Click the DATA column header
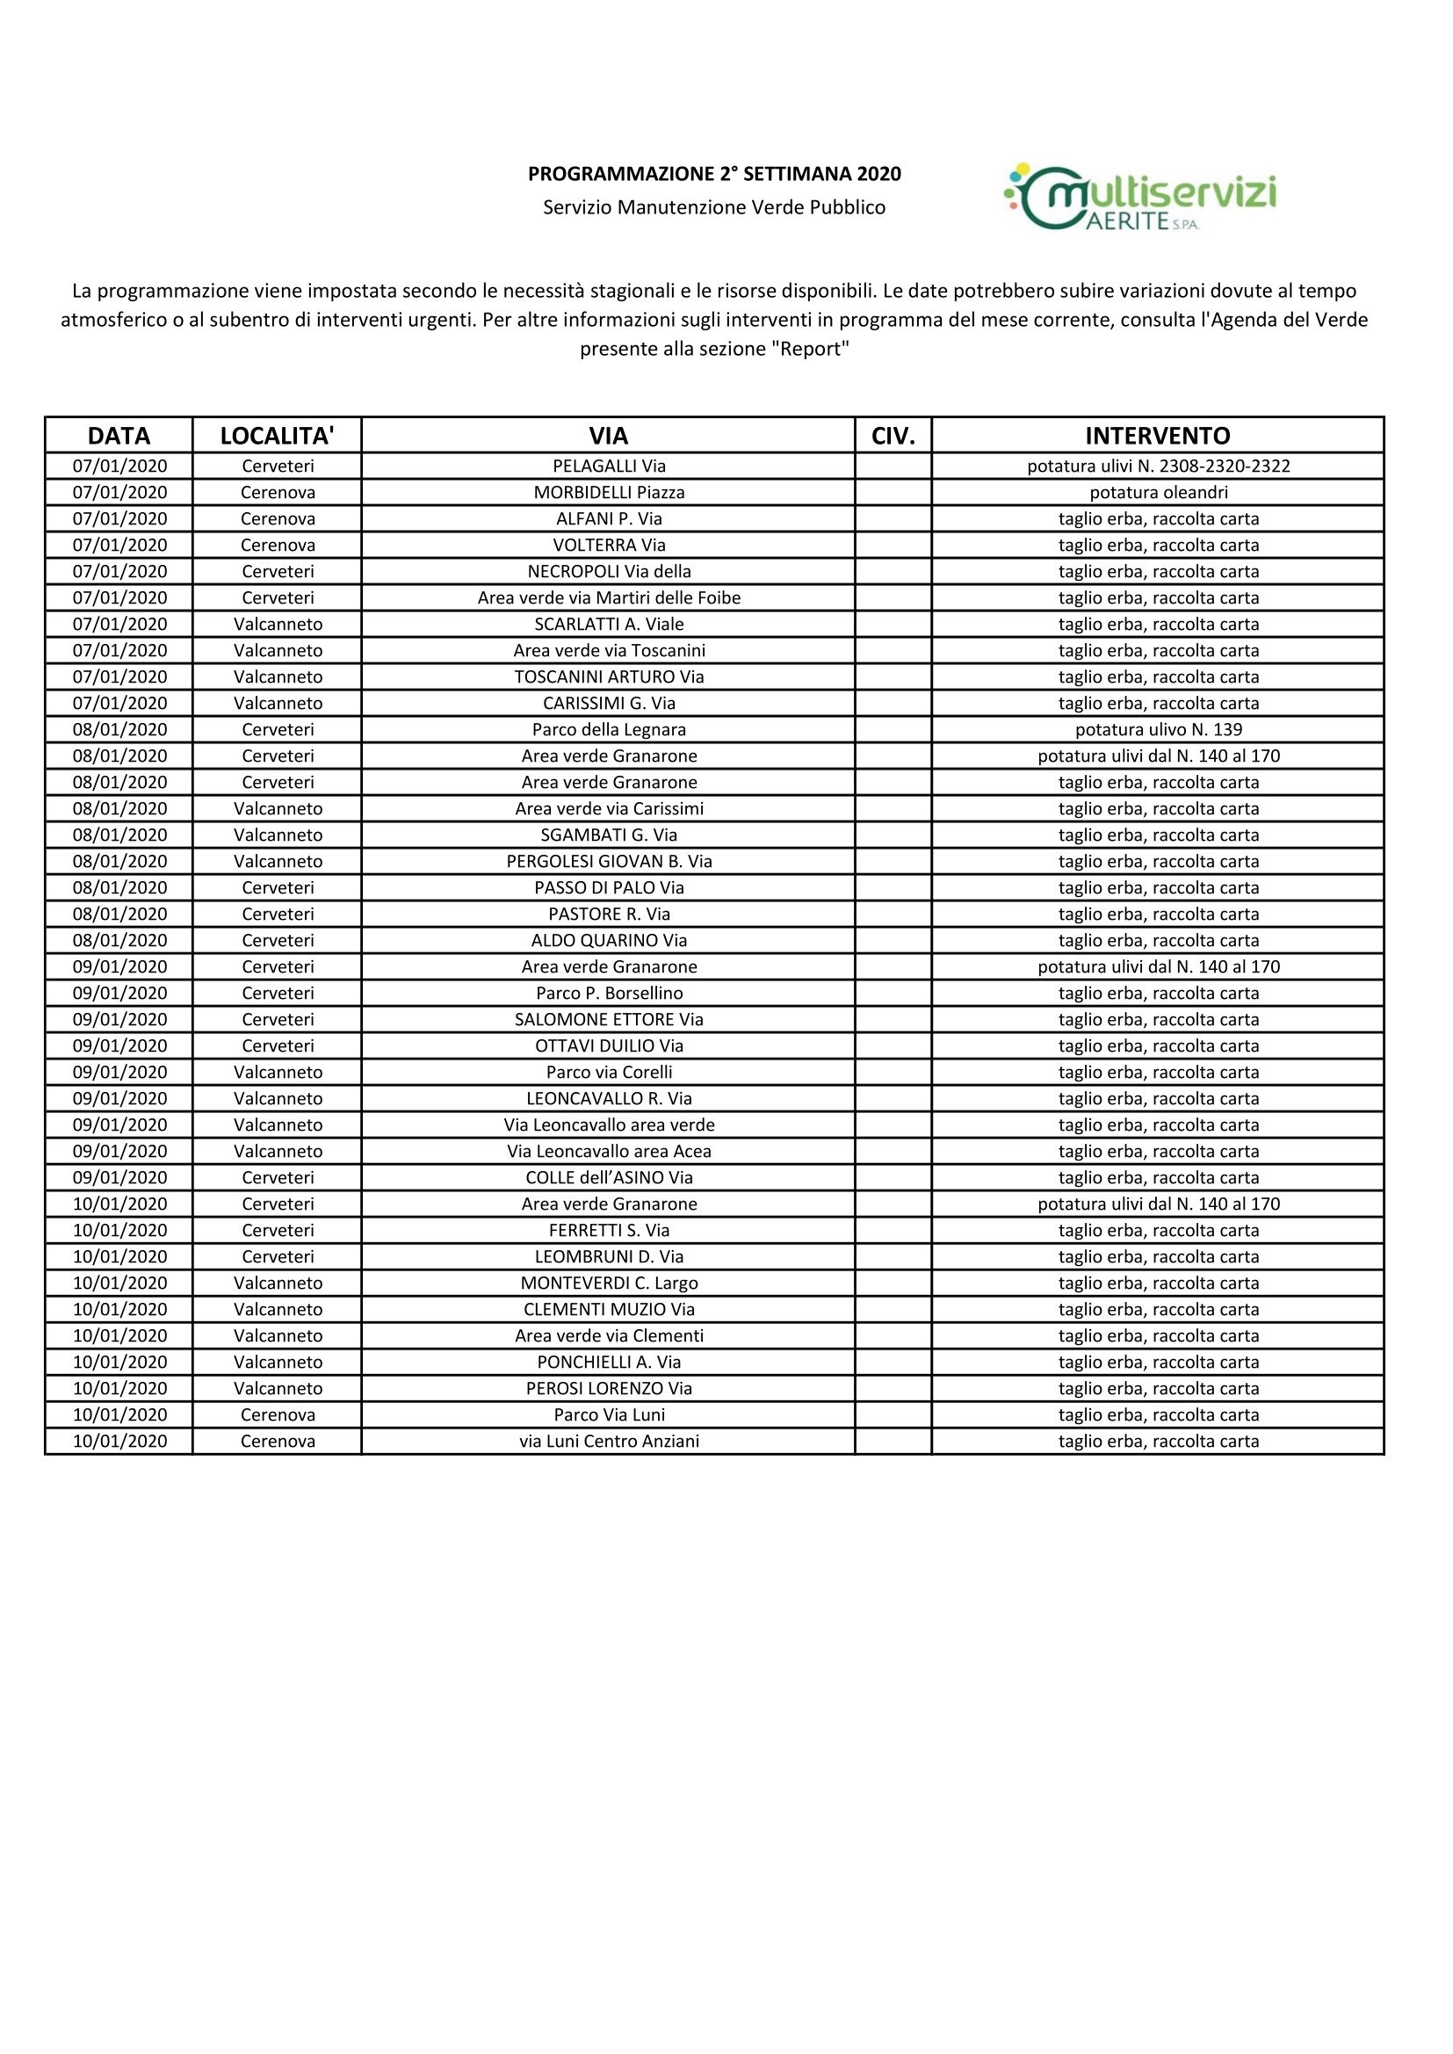click(119, 436)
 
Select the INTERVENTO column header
click(1158, 436)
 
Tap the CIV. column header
click(893, 436)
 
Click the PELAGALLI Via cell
click(609, 466)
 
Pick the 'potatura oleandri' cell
click(1158, 492)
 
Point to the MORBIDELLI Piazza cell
click(609, 492)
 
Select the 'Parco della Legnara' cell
click(609, 729)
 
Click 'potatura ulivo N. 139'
click(1158, 729)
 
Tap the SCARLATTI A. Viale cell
click(609, 624)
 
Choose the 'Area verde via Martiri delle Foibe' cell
click(609, 597)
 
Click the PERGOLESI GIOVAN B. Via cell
click(609, 861)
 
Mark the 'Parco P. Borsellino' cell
click(609, 993)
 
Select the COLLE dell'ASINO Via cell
click(609, 1177)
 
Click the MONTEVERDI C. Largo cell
click(609, 1283)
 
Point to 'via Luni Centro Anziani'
click(609, 1441)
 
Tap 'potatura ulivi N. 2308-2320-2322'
click(1158, 466)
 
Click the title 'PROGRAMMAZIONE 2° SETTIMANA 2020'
click(714, 174)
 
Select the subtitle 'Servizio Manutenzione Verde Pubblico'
click(714, 207)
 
